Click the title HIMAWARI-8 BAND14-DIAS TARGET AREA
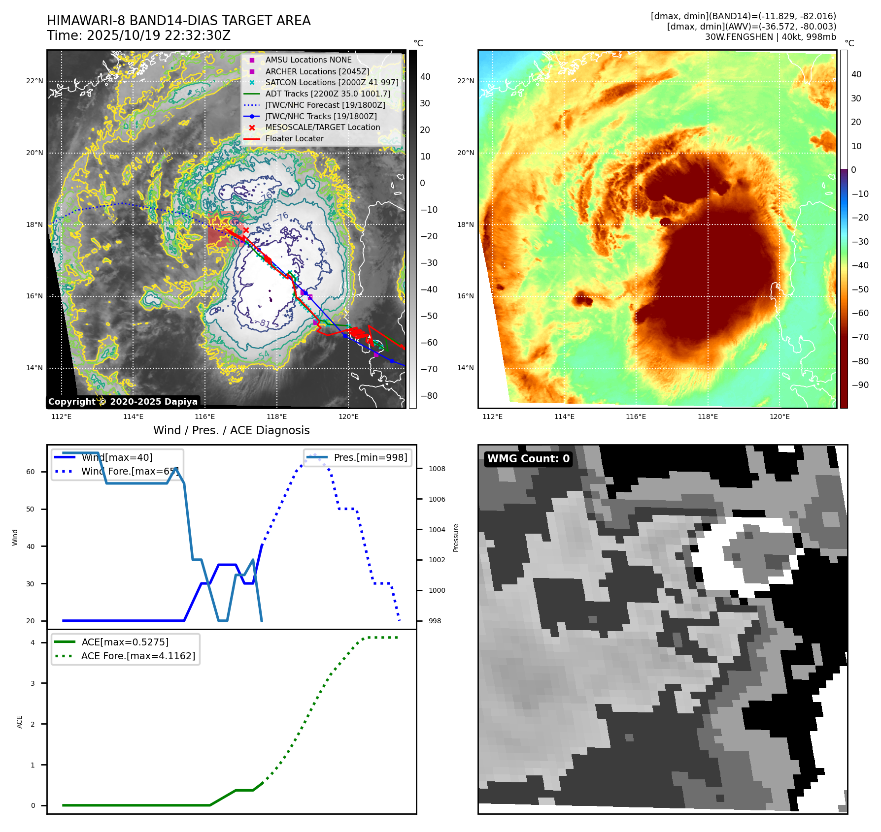pos(178,21)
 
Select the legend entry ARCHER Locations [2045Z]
pos(317,71)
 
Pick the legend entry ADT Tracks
pos(328,94)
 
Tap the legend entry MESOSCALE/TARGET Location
pos(322,127)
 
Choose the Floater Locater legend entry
pos(294,138)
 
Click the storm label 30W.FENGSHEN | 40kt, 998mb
pos(770,37)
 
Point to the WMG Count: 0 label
pos(528,459)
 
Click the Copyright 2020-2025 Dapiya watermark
pos(123,402)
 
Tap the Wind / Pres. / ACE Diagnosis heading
pos(232,430)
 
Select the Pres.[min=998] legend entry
pos(370,457)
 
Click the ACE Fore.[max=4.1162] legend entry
pos(138,656)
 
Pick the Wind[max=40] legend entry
pos(117,457)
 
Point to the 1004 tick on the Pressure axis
pos(437,530)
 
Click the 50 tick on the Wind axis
pos(31,509)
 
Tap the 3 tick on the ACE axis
pos(33,683)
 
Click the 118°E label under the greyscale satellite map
pos(276,416)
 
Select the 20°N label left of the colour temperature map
pos(466,153)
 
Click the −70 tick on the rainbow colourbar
pos(860,337)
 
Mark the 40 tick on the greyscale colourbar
pos(425,77)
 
